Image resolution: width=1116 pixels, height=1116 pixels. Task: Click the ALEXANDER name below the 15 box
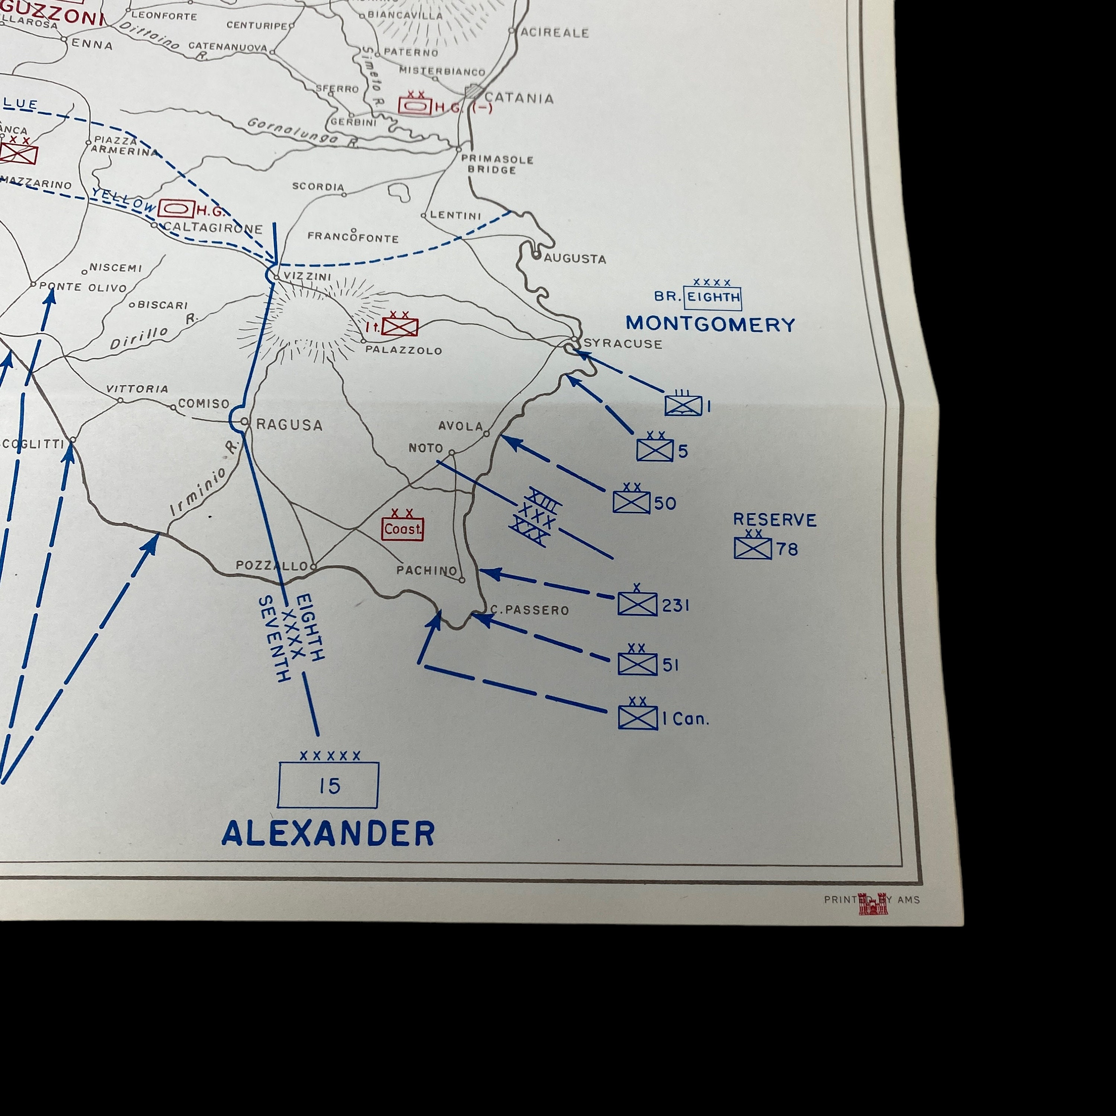point(328,834)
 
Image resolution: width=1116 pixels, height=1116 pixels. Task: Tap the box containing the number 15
point(328,785)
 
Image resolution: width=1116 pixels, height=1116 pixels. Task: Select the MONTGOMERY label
point(710,324)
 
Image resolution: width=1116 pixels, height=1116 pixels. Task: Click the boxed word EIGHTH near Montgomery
point(713,298)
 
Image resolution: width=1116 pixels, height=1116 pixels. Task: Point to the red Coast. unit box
point(403,529)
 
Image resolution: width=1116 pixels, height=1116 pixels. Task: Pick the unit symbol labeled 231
point(637,604)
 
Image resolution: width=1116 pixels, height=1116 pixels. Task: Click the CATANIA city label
point(519,98)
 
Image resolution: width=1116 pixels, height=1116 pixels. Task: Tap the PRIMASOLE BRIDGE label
point(497,164)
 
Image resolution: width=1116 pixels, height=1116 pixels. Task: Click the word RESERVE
point(775,520)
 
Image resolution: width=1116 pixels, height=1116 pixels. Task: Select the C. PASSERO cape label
point(530,610)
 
